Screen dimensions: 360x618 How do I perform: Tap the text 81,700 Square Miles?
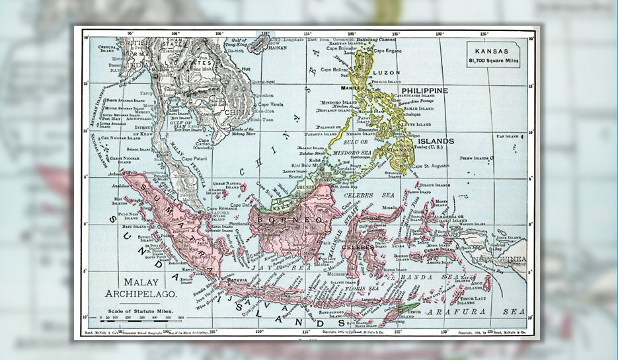click(492, 61)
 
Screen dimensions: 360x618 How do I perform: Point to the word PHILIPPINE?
click(424, 90)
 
